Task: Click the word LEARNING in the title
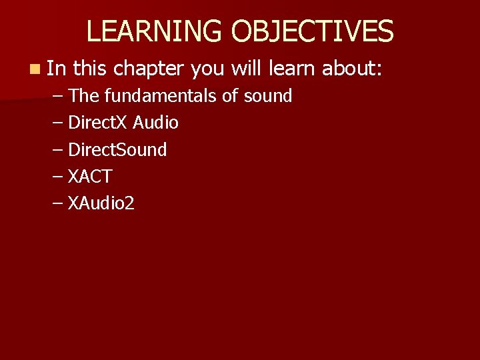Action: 154,31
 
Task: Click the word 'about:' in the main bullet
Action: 352,68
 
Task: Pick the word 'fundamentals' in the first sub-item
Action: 160,96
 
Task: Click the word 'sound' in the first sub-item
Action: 267,96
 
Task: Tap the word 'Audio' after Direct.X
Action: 155,123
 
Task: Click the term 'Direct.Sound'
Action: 117,149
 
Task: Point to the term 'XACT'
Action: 90,177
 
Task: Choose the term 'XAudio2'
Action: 101,203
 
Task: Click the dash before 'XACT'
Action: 57,177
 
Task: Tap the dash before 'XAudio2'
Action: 57,203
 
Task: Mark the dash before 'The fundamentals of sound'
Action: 57,96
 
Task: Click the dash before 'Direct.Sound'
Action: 57,149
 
